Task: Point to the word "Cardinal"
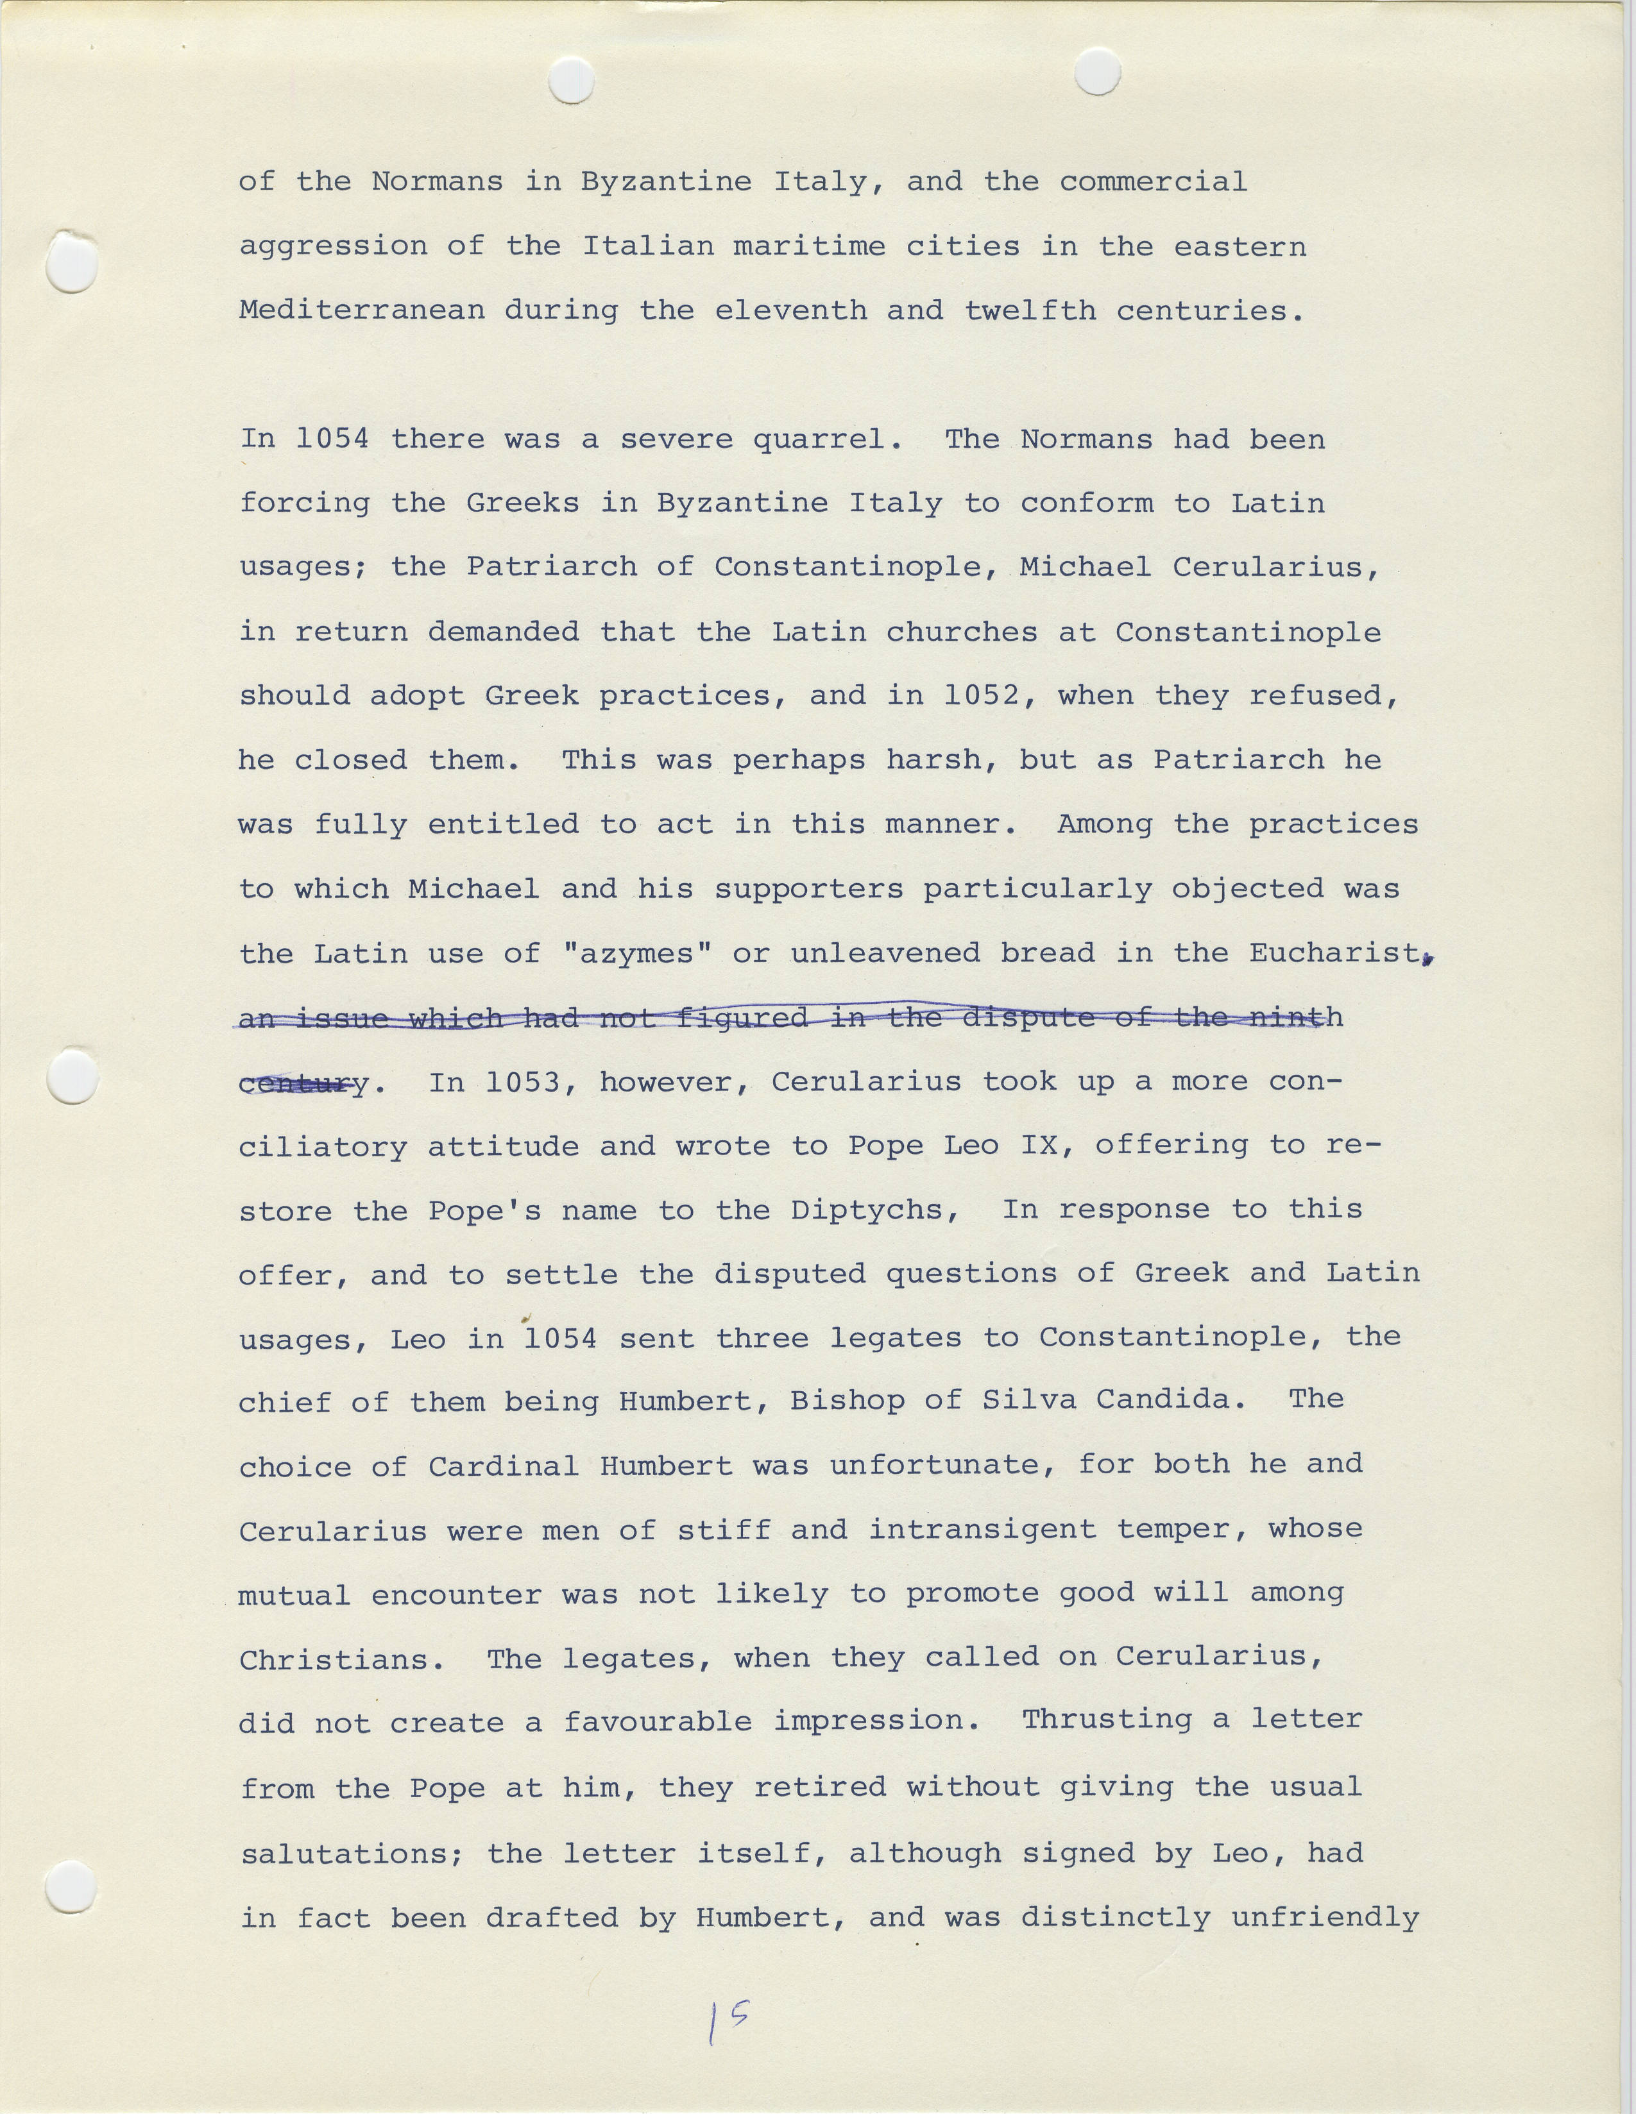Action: (x=504, y=1466)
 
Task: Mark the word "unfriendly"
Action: (x=1324, y=1918)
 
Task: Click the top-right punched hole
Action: (x=1098, y=72)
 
